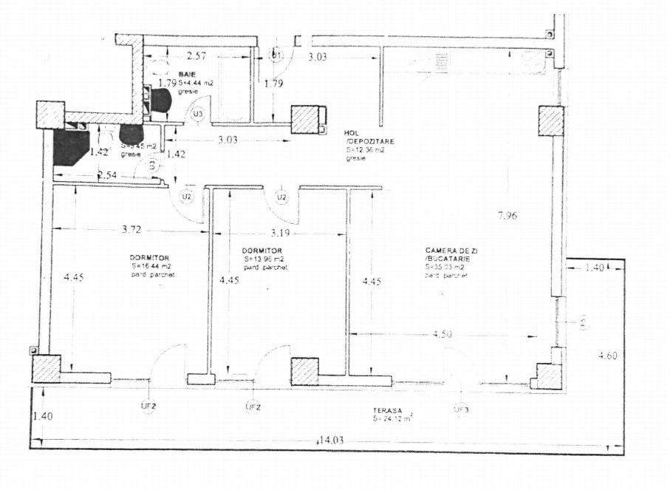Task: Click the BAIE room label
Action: coord(186,75)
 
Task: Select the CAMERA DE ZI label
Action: coord(448,251)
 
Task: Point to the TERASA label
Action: coord(388,411)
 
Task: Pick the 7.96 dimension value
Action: coord(508,216)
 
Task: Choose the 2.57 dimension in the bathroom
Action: coord(196,56)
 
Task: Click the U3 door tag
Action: coord(198,114)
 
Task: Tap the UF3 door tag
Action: coord(461,408)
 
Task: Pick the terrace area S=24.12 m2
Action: coord(393,419)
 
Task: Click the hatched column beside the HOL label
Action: coord(305,118)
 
